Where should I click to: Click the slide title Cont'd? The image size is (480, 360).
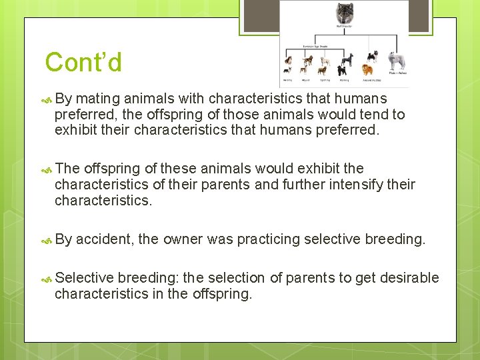(x=83, y=63)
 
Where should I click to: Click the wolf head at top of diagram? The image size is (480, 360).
(x=345, y=12)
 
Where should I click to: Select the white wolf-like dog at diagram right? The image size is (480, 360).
(x=397, y=61)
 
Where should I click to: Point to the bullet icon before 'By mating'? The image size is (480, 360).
(x=45, y=100)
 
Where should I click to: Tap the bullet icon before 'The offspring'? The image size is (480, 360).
(x=45, y=169)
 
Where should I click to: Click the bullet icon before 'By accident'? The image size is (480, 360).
(x=45, y=239)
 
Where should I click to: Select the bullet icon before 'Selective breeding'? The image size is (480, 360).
(x=45, y=278)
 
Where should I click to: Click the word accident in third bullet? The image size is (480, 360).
(x=105, y=239)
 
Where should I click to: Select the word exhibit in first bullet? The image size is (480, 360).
(x=77, y=130)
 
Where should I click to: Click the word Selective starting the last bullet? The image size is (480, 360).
(x=85, y=277)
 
